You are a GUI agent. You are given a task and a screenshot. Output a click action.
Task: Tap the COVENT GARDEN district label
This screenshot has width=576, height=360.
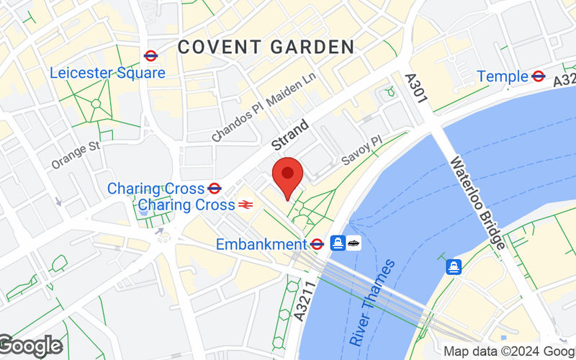tap(266, 48)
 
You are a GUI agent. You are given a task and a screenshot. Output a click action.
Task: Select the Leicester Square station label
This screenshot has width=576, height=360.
tap(107, 73)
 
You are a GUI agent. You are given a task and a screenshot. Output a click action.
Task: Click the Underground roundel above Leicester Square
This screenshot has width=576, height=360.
tap(150, 55)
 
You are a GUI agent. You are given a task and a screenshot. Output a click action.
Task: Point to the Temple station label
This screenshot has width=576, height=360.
tap(503, 76)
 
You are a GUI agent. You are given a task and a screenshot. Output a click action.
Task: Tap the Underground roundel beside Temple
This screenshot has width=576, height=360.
tap(538, 76)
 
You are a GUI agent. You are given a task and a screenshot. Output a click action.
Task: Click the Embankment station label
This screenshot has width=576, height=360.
tap(260, 244)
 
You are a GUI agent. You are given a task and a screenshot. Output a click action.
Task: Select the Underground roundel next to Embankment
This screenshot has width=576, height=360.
tap(317, 244)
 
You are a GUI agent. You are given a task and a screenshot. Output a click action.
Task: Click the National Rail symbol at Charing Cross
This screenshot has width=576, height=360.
tap(246, 205)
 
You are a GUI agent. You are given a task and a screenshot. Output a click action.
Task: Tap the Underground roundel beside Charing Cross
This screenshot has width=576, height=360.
tap(214, 189)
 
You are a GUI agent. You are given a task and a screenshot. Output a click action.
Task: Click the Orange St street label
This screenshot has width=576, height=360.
tap(75, 155)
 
